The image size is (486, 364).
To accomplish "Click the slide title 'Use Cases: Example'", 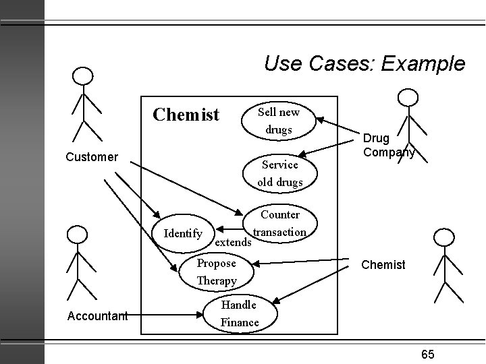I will coord(364,64).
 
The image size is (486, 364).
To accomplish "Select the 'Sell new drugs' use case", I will coord(279,121).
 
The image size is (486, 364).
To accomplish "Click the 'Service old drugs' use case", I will coord(279,173).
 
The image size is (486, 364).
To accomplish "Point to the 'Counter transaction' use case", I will coord(279,223).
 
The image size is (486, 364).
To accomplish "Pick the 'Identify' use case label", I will coord(184,234).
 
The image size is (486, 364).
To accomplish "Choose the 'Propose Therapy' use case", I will coord(217,272).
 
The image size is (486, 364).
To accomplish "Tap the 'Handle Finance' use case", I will coord(240,313).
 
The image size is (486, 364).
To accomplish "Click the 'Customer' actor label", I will coord(92,157).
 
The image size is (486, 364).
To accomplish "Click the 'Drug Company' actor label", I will coord(388,145).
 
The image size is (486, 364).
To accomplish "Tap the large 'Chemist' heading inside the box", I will coord(186,115).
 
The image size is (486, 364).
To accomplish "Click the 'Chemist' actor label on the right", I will coord(383,265).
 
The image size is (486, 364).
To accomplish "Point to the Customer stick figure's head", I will coord(82,75).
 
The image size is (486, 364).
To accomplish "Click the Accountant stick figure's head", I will coord(78,235).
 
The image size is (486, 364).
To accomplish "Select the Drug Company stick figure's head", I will coord(407,97).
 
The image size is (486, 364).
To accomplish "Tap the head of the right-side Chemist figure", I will coord(442,237).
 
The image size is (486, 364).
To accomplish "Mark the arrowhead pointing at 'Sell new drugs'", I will coord(320,121).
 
